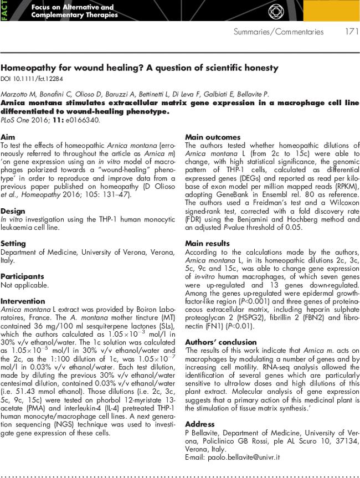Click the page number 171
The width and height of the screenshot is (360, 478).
click(x=351, y=32)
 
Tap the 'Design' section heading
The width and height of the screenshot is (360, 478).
click(x=13, y=211)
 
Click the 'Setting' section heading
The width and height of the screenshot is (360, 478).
click(x=14, y=243)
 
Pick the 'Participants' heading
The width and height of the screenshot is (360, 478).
click(x=23, y=276)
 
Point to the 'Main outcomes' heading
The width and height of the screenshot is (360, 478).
click(x=213, y=137)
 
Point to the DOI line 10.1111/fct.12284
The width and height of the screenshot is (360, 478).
click(x=33, y=78)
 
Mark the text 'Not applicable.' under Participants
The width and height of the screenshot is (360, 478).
click(x=25, y=285)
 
